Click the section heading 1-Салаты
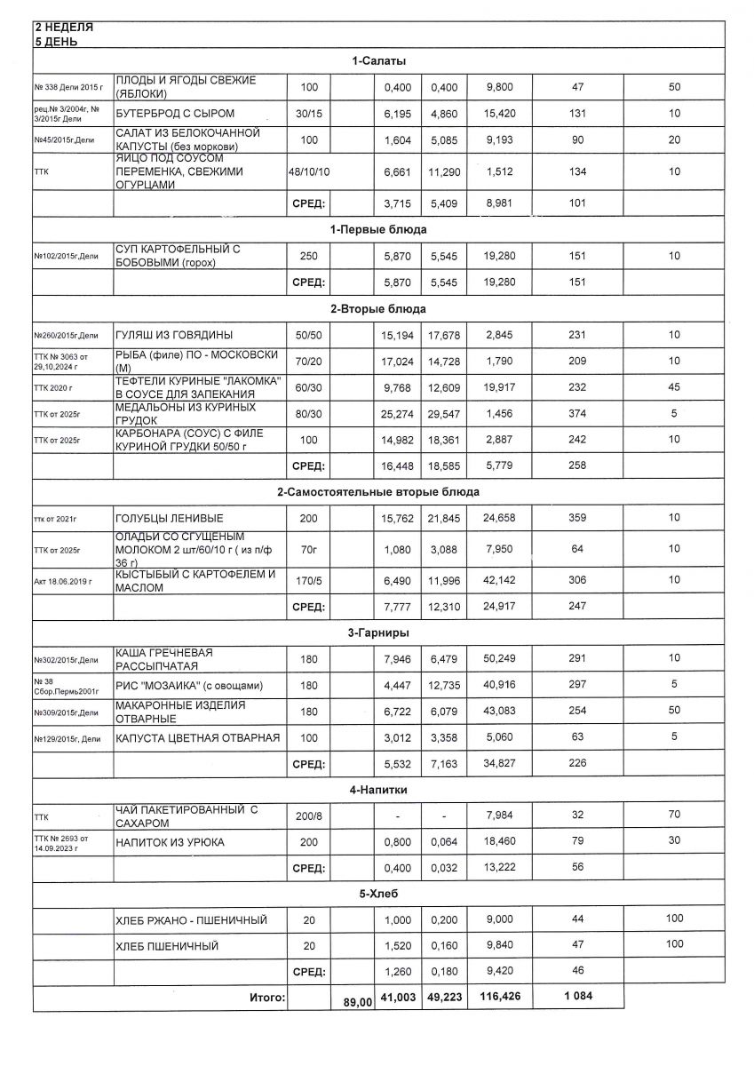point(378,60)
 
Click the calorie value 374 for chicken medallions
point(577,415)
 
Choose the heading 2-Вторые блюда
point(378,309)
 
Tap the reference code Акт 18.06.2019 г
point(68,581)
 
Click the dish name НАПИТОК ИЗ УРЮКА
point(170,842)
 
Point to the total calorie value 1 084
point(577,997)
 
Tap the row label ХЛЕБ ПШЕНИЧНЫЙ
point(167,947)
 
